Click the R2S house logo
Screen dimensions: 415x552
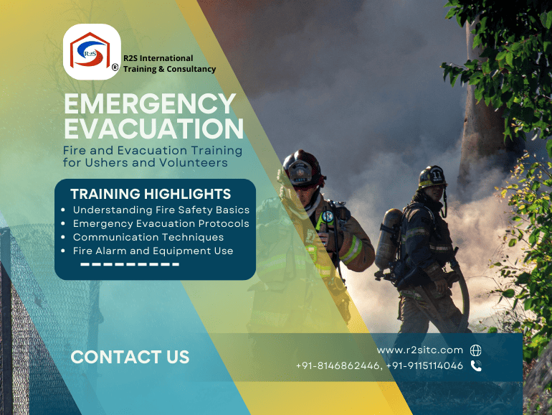pyautogui.click(x=91, y=51)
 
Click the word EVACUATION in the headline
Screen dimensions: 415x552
pyautogui.click(x=153, y=129)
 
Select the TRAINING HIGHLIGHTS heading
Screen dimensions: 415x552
pyautogui.click(x=151, y=194)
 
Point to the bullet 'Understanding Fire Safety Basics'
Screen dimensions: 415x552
pyautogui.click(x=161, y=210)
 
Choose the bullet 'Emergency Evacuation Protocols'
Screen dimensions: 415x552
pyautogui.click(x=161, y=223)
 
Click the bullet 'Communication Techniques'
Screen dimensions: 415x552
pyautogui.click(x=148, y=237)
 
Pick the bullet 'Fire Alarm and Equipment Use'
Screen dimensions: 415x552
pyautogui.click(x=153, y=251)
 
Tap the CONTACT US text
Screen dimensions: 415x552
pyautogui.click(x=130, y=357)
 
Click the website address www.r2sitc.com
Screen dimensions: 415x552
pyautogui.click(x=420, y=350)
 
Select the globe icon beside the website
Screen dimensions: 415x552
pyautogui.click(x=476, y=350)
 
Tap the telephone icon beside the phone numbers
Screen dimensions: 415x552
pyautogui.click(x=476, y=366)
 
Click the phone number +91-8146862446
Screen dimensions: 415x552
pyautogui.click(x=338, y=366)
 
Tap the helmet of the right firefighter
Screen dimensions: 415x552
pyautogui.click(x=432, y=176)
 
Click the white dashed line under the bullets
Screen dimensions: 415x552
pyautogui.click(x=130, y=264)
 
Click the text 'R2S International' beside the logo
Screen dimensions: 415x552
pyautogui.click(x=158, y=58)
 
